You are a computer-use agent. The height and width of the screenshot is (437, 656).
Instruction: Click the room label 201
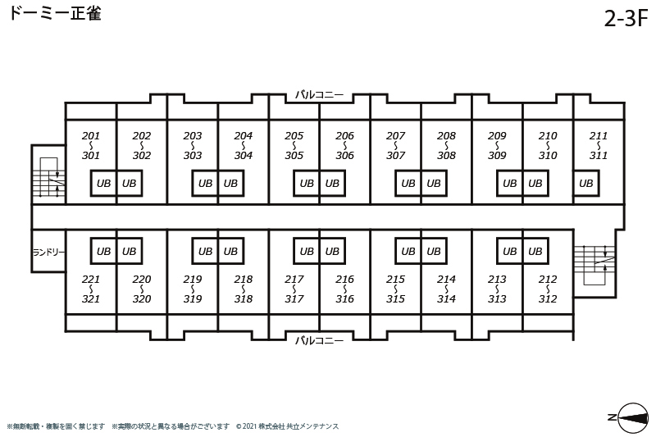[91, 135]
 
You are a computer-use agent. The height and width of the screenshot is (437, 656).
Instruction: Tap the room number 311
[599, 155]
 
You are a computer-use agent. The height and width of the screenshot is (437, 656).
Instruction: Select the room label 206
[344, 135]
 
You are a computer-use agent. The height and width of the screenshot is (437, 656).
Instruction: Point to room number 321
[91, 298]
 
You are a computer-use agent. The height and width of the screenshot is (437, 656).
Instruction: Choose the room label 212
[548, 279]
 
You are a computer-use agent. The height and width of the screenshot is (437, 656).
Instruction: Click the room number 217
[294, 279]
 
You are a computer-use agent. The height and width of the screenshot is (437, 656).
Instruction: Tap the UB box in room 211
[585, 183]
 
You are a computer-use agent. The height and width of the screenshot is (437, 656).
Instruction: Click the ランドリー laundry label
[48, 253]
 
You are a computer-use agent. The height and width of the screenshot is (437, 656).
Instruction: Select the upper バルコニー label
[319, 94]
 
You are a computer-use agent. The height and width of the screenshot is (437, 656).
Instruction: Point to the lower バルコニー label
[319, 340]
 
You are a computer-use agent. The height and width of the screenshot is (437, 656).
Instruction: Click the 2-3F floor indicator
[626, 18]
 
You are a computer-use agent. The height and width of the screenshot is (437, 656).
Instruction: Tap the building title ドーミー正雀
[55, 13]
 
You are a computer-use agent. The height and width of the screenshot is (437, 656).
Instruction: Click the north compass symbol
[632, 418]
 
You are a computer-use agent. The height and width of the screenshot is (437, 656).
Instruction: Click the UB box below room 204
[230, 183]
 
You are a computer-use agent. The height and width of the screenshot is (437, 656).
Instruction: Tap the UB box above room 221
[103, 251]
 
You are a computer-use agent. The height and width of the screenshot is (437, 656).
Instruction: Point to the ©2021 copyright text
[288, 426]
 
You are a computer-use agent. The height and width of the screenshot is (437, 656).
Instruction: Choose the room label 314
[446, 298]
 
